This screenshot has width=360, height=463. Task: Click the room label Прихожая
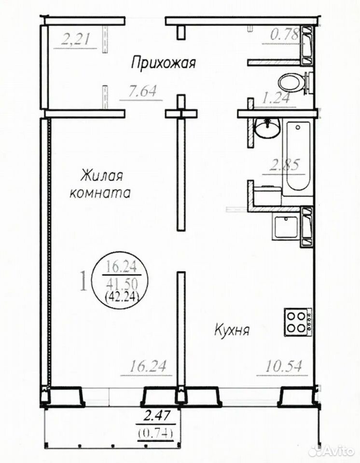coord(164,63)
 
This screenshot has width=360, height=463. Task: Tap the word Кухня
coord(232,330)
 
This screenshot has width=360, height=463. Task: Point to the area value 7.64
coord(142,92)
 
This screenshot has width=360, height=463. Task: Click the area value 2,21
coord(75,39)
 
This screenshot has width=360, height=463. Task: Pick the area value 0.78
coord(284,35)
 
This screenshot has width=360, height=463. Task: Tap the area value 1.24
coord(276,98)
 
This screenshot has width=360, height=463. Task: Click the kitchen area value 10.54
coord(283,367)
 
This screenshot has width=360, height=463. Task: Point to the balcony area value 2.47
coord(156,416)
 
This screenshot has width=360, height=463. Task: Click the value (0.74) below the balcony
coord(155,434)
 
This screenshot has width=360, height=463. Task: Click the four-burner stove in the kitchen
coord(298,322)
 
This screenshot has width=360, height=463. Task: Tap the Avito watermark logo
coord(331,450)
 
